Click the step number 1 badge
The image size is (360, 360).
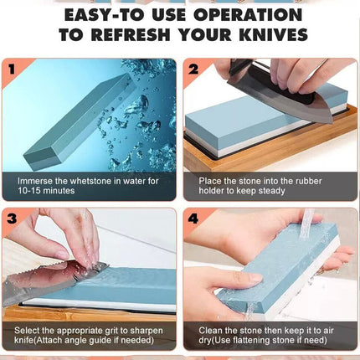11,69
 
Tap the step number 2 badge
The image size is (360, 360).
193,69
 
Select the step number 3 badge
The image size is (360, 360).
11,219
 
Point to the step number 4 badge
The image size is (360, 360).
193,219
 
